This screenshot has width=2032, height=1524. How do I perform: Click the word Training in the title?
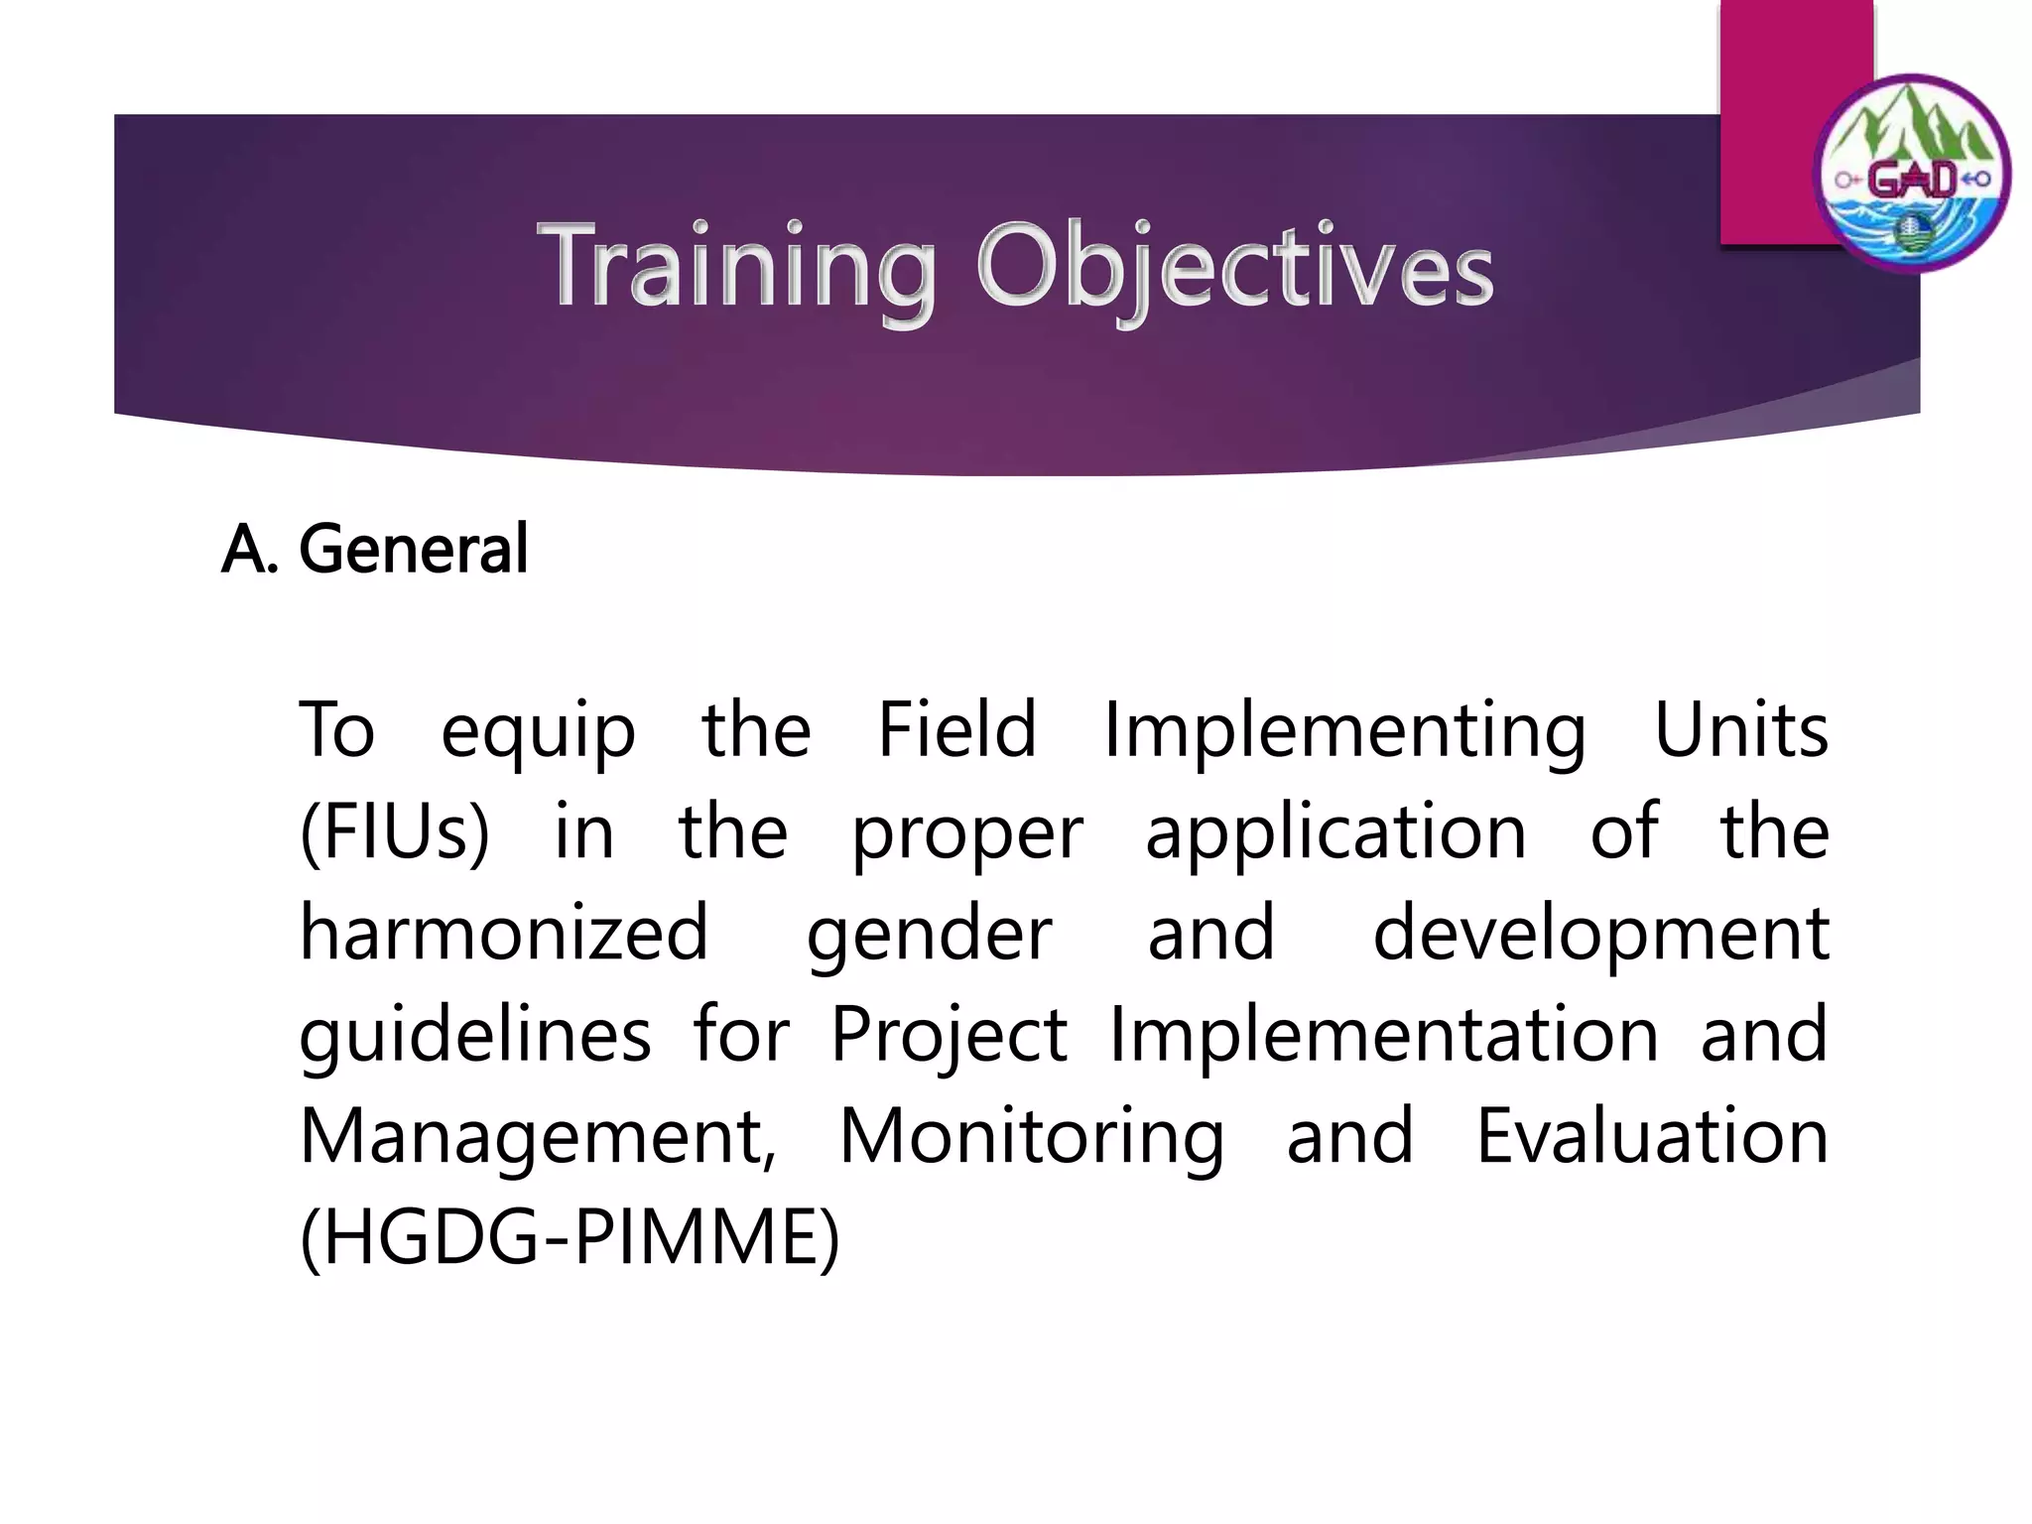(736, 266)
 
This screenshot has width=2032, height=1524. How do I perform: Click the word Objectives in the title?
(1234, 266)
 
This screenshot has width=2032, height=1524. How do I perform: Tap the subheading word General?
(413, 550)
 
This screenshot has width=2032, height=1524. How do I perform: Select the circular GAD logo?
(1912, 175)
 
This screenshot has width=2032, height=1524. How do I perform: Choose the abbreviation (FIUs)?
(395, 833)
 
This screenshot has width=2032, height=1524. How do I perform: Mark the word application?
(1335, 833)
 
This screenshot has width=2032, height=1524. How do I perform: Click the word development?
(1600, 936)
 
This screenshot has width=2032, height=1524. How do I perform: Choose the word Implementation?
(1383, 1035)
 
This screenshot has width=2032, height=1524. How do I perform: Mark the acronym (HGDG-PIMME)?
(570, 1240)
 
